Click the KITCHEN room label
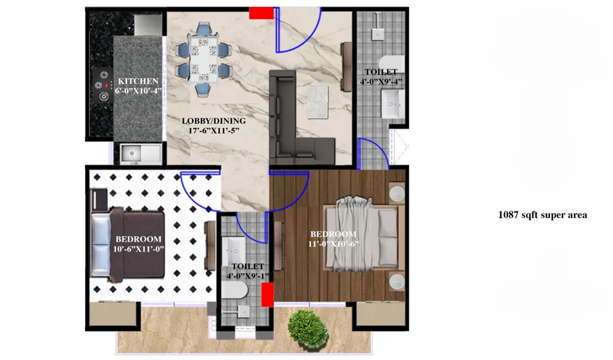click(x=138, y=81)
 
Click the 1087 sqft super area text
click(x=542, y=215)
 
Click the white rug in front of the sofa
click(x=318, y=101)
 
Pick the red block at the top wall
click(x=261, y=12)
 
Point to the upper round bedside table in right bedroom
click(x=398, y=193)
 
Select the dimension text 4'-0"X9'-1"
click(x=248, y=276)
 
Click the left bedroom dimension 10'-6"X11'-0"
click(x=138, y=248)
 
